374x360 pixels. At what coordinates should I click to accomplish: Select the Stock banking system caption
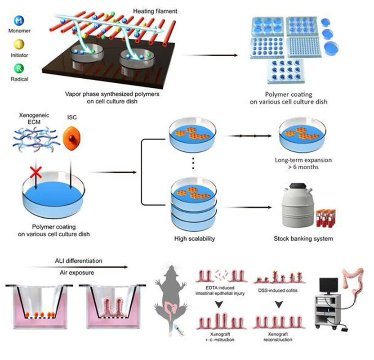coord(303,238)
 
